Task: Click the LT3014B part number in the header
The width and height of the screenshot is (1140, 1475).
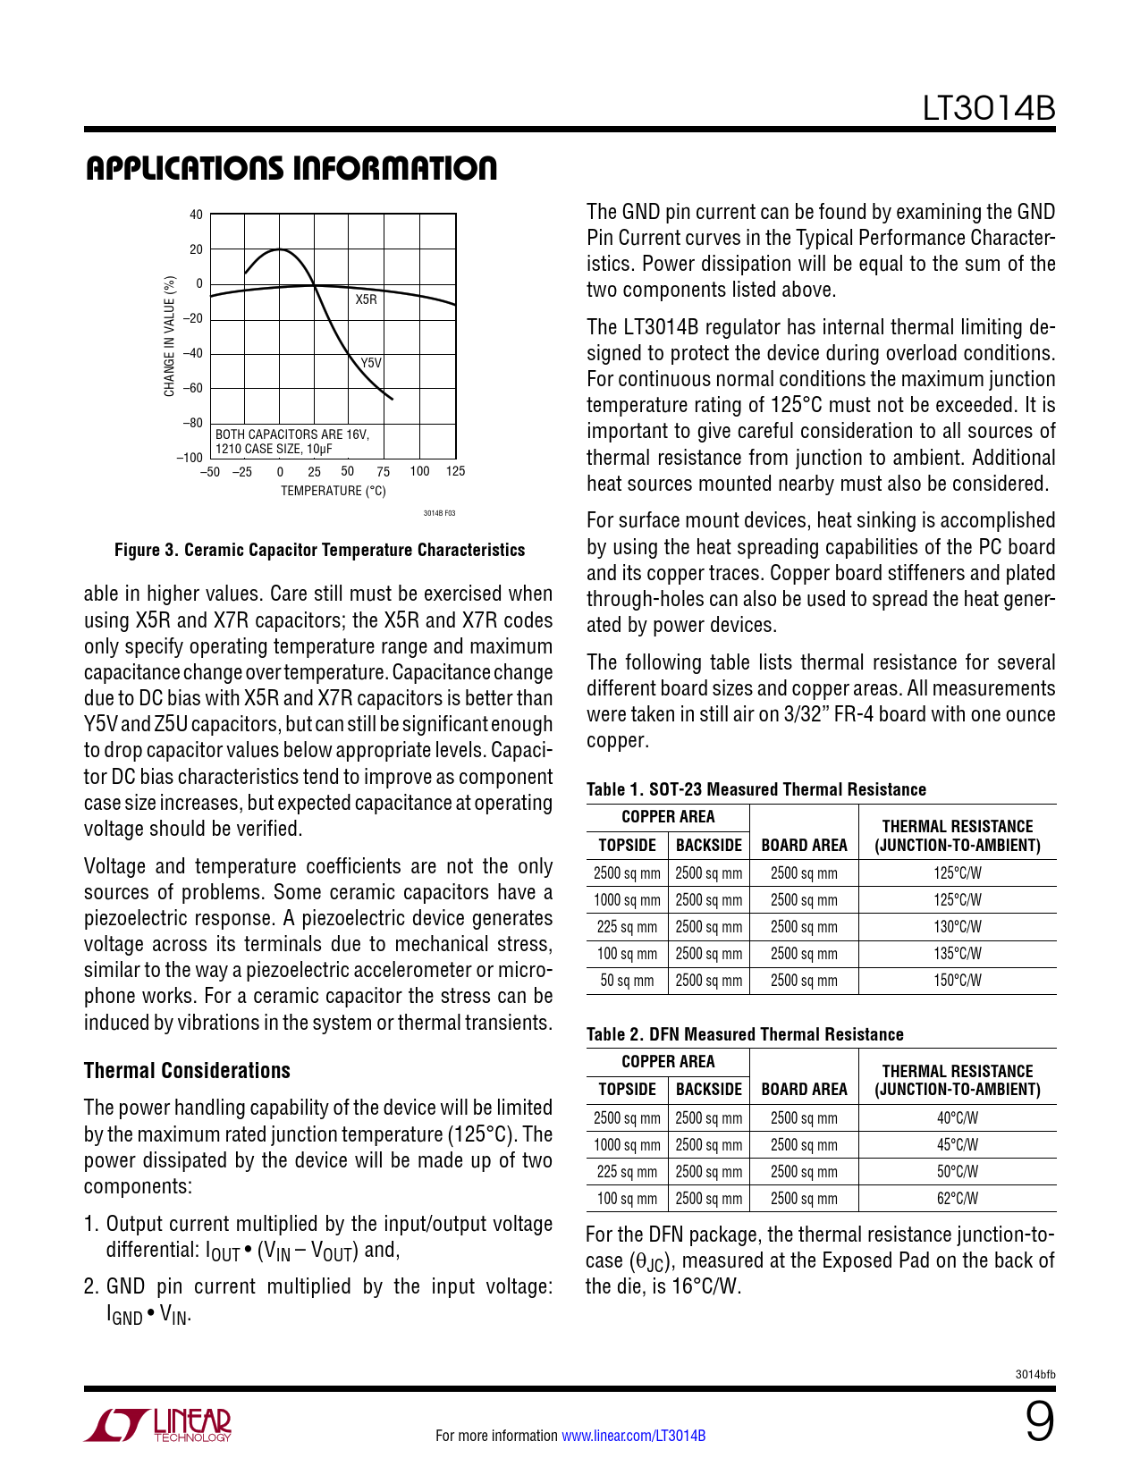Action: point(989,108)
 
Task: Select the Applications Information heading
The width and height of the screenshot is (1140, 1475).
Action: point(291,169)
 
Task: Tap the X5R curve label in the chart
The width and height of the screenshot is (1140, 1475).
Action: point(367,299)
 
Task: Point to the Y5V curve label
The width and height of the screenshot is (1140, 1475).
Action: point(371,363)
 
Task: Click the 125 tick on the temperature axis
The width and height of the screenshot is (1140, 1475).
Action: point(455,472)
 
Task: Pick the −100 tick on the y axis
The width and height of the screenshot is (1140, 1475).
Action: point(190,458)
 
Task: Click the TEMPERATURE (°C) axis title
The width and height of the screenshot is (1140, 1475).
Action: point(334,491)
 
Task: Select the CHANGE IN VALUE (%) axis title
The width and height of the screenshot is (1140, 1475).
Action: point(169,336)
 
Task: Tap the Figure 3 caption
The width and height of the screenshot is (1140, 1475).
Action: point(319,551)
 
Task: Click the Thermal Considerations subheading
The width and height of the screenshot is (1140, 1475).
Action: point(187,1071)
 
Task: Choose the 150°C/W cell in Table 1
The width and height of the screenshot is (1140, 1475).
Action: point(958,981)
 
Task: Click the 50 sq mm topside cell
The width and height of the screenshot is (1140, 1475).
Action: point(627,981)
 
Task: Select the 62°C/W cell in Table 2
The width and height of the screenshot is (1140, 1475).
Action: point(958,1199)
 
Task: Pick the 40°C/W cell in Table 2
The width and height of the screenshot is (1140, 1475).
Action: point(958,1118)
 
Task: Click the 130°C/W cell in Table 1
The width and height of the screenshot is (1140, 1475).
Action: point(958,927)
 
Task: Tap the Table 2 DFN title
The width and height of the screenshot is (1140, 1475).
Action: point(745,1034)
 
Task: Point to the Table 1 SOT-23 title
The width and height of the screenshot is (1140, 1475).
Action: point(756,789)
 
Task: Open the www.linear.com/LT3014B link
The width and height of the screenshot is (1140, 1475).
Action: point(633,1436)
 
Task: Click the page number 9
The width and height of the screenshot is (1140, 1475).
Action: point(1039,1422)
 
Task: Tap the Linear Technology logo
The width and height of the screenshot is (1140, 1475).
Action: point(158,1426)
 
